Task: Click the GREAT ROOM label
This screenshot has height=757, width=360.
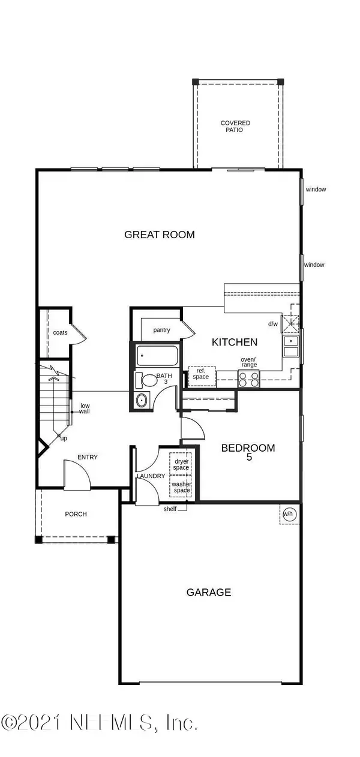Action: tap(159, 235)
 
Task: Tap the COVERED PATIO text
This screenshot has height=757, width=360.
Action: tap(235, 126)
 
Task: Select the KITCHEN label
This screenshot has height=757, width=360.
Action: tap(235, 342)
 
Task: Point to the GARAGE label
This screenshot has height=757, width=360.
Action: tap(209, 592)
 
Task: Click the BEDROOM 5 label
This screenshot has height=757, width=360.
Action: tap(248, 452)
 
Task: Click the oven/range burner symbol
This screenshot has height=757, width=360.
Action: tap(249, 379)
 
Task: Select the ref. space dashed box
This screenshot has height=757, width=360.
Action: tap(202, 376)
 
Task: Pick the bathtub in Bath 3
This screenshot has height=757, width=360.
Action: tap(157, 356)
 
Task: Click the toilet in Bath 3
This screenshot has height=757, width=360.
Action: tap(146, 380)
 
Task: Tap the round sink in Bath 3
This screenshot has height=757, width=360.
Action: tap(142, 401)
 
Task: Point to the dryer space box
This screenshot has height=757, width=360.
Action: tap(181, 463)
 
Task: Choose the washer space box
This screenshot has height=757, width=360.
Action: tap(181, 486)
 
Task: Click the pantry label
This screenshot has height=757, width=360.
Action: tap(161, 330)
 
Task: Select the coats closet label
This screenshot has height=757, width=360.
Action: tap(60, 332)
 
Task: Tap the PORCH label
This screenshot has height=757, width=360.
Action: tap(76, 514)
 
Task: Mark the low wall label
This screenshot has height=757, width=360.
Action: tap(85, 408)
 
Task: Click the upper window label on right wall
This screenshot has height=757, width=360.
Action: tap(316, 190)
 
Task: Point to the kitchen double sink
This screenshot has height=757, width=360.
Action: tap(291, 346)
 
